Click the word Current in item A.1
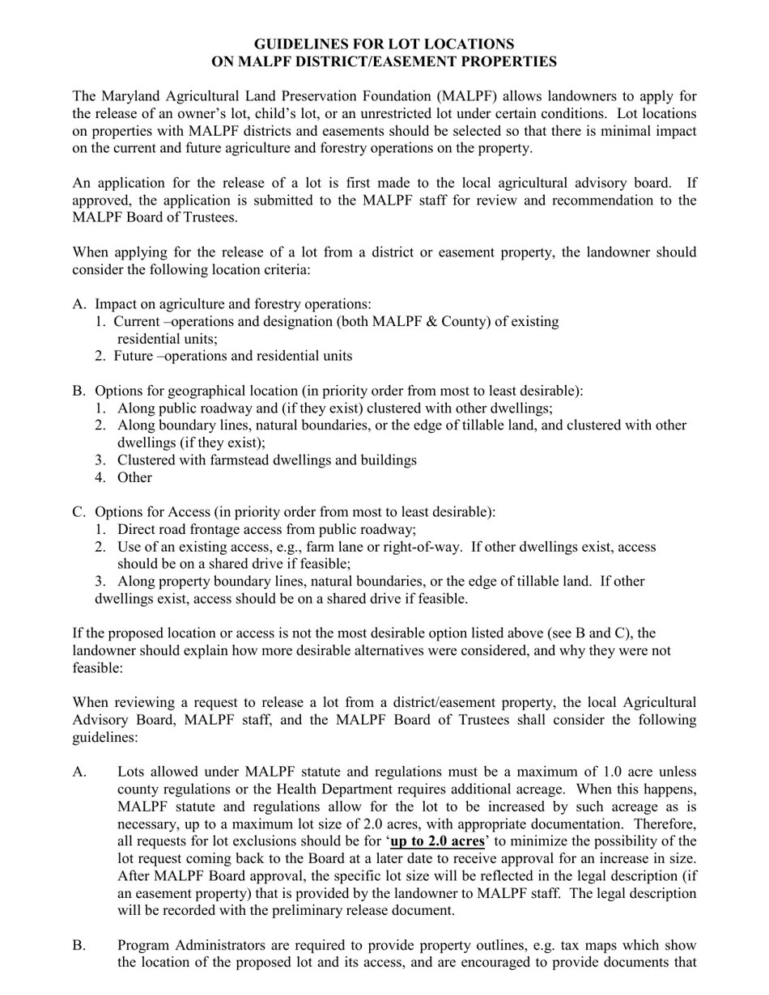pyautogui.click(x=137, y=322)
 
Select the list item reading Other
pyautogui.click(x=134, y=477)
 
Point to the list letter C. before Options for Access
pyautogui.click(x=79, y=512)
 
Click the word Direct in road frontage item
pyautogui.click(x=137, y=530)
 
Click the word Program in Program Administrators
pyautogui.click(x=144, y=946)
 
